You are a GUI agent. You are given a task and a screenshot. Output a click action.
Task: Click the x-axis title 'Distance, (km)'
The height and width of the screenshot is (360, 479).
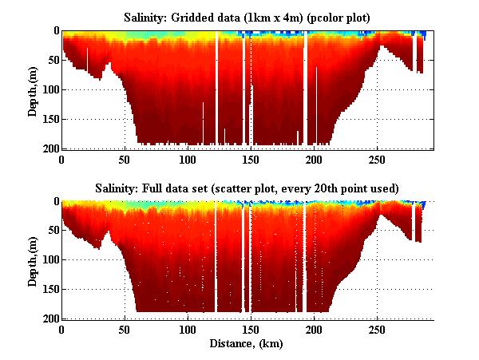click(248, 344)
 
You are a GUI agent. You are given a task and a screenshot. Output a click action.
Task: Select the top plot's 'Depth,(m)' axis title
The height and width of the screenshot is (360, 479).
click(33, 89)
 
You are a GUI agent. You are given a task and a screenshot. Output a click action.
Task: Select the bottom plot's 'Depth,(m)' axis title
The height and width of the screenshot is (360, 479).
click(33, 260)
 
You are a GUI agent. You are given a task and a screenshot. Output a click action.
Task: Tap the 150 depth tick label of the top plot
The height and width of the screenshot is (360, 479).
click(49, 119)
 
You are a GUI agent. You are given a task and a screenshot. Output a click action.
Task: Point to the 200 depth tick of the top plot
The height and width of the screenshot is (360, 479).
click(49, 148)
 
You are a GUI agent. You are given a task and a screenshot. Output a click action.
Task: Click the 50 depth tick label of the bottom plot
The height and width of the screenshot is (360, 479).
click(53, 231)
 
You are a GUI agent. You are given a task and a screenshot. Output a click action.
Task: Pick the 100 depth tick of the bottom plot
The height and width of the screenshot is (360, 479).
click(49, 260)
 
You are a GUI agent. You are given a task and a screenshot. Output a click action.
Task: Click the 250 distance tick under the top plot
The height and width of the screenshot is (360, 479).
click(376, 159)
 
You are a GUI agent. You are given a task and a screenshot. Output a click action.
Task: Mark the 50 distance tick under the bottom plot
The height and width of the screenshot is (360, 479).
click(125, 329)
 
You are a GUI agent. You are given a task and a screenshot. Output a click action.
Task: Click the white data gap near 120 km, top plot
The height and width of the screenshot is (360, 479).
click(216, 88)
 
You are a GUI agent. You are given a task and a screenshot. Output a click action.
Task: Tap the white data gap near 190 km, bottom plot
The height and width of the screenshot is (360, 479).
click(304, 255)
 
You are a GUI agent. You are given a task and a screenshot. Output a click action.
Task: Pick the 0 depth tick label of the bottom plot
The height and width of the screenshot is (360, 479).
click(56, 202)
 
